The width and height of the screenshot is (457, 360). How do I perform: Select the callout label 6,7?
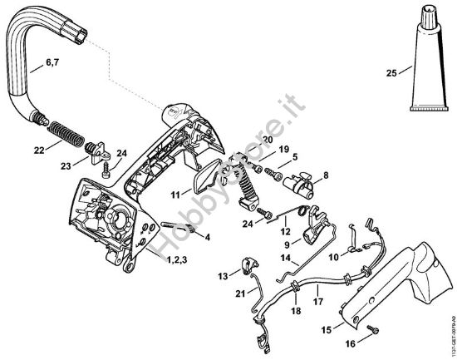pyautogui.click(x=28, y=62)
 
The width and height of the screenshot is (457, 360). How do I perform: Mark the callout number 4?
pyautogui.click(x=207, y=237)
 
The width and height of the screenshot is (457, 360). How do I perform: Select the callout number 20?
pyautogui.click(x=267, y=138)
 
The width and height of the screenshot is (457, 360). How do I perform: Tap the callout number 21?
pyautogui.click(x=240, y=293)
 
